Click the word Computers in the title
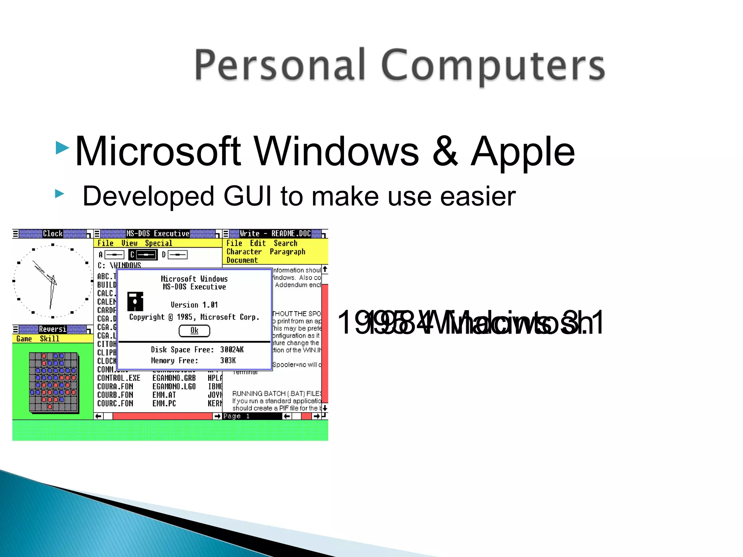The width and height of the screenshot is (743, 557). tap(493, 66)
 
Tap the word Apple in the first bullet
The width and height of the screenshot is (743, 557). tap(522, 152)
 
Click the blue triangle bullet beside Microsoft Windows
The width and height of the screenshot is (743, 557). tap(62, 148)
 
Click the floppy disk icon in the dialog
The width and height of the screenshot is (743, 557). tap(135, 301)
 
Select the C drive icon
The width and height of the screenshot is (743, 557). tap(143, 255)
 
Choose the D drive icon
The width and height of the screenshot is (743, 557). tap(175, 255)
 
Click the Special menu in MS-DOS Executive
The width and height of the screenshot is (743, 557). tap(159, 243)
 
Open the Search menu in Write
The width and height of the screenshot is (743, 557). tap(285, 243)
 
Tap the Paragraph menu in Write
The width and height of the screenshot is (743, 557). tap(287, 252)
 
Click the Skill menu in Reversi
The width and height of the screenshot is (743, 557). tap(49, 339)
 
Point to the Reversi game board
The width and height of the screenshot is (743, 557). tap(54, 383)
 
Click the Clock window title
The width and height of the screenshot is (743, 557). tap(53, 234)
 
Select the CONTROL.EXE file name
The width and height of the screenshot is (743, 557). tap(119, 378)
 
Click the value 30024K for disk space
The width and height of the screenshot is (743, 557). tap(232, 350)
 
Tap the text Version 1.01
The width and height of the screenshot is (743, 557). tap(194, 305)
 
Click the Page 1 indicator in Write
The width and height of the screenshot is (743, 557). tap(237, 416)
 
